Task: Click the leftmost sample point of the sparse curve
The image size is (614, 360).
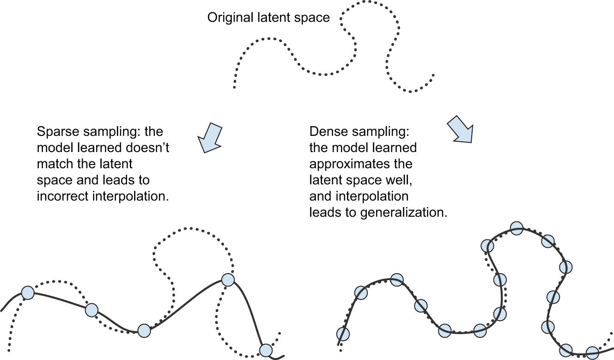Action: click(28, 293)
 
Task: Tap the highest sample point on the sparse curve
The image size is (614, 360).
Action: click(227, 280)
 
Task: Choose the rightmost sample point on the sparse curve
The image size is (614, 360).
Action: click(266, 350)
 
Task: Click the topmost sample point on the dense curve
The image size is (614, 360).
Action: click(517, 228)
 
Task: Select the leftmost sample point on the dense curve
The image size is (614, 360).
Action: click(343, 333)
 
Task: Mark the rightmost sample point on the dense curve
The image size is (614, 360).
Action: click(592, 353)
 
